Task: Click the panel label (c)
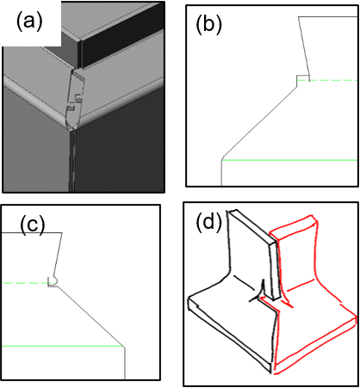33,225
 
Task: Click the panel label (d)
209,223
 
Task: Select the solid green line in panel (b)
289,160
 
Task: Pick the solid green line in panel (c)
63,346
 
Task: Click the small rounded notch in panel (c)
53,281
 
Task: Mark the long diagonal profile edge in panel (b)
259,123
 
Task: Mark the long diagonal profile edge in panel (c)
91,317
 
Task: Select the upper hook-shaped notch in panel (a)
78,98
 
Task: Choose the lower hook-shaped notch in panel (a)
71,108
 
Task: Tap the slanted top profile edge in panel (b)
304,46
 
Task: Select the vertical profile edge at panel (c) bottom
125,363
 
